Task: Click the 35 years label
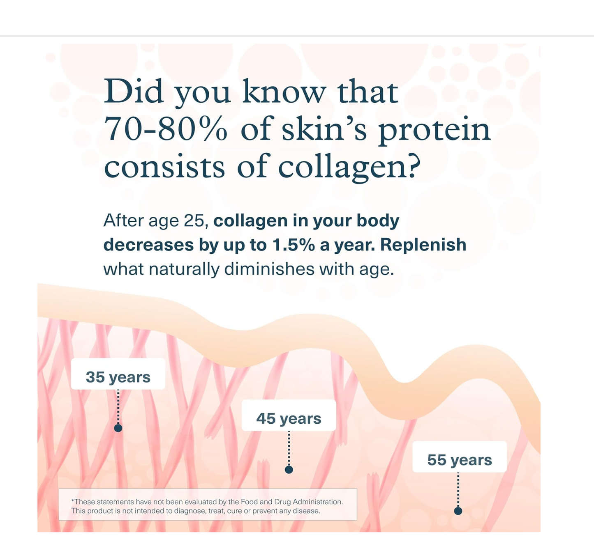118,377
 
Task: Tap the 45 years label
289,418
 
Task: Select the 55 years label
460,460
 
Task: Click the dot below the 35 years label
118,428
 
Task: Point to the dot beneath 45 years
289,470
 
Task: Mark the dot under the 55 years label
458,511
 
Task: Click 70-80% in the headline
165,129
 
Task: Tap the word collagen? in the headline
349,167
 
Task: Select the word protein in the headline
434,131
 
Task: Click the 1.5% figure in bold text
293,245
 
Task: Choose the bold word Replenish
423,245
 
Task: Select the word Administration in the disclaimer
317,502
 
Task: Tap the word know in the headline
284,92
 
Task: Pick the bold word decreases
148,245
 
